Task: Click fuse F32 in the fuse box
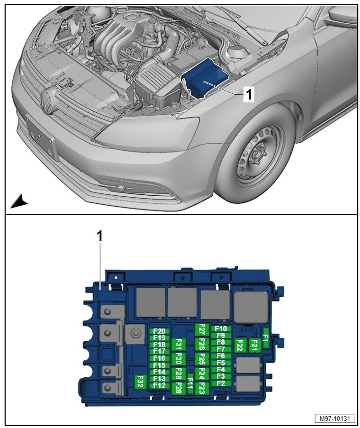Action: [139, 382]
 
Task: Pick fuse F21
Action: [254, 346]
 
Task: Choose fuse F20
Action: [160, 331]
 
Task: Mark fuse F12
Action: [160, 386]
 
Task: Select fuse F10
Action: [221, 328]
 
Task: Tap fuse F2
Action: [221, 383]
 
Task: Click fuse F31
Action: [179, 344]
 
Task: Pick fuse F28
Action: [179, 388]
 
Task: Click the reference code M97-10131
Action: [335, 419]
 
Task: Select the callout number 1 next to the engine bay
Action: [249, 95]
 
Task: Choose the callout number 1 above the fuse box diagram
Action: [100, 236]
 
